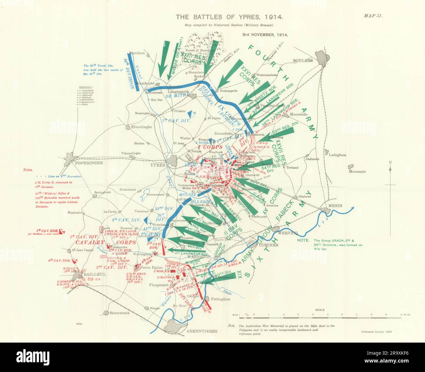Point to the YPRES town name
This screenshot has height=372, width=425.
[158, 165]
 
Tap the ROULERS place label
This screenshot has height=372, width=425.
[303, 60]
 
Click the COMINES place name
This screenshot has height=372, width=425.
[269, 245]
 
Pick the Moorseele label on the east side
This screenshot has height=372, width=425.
[357, 172]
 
